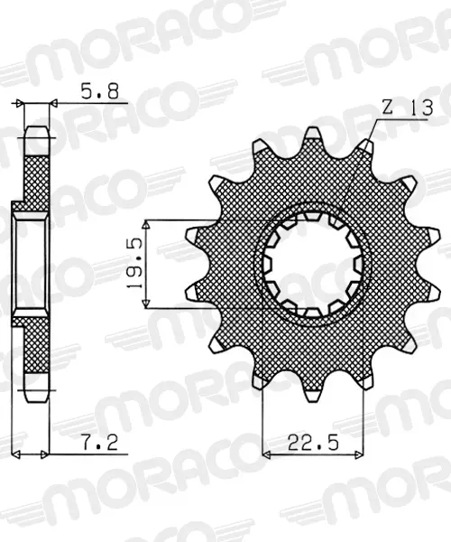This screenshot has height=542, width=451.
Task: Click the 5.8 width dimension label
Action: click(99, 91)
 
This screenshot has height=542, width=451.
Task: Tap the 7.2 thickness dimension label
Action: click(100, 443)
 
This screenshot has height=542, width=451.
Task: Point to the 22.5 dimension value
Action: click(313, 442)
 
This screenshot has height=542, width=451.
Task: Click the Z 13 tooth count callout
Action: click(407, 108)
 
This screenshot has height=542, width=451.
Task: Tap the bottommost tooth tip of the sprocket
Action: click(313, 397)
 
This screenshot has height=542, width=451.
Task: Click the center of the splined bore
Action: click(313, 265)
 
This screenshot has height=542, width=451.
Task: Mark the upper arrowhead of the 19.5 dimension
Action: click(147, 225)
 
